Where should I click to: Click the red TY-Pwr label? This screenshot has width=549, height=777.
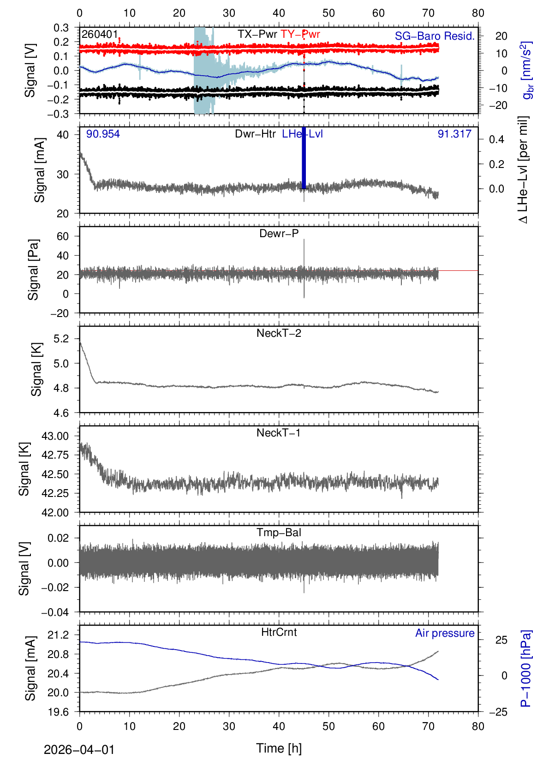[300, 34]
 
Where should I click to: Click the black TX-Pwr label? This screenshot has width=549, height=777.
[257, 34]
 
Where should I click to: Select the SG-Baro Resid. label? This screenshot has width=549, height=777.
[435, 36]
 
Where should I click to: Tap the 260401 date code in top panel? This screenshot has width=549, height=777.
[100, 35]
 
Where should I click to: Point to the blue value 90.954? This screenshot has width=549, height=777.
[103, 134]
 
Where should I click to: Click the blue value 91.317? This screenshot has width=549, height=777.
[454, 134]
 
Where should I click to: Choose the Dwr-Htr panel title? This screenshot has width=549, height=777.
[255, 134]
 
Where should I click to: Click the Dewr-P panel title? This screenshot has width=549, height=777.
[279, 233]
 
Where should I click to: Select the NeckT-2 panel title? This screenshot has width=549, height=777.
[279, 333]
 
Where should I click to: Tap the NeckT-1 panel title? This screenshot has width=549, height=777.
[279, 433]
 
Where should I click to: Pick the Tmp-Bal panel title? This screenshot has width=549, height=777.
[279, 532]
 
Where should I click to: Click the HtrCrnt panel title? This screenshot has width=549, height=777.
[279, 632]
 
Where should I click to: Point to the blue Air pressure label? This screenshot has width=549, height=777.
[445, 633]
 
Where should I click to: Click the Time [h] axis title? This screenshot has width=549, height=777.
[279, 748]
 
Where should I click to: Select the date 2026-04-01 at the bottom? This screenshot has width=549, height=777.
[79, 750]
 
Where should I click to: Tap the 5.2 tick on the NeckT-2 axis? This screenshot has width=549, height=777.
[61, 339]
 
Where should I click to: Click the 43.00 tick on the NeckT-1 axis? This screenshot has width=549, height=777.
[55, 436]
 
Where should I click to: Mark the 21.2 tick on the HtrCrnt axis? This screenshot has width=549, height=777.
[58, 635]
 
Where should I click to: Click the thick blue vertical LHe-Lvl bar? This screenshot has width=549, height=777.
[304, 159]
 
